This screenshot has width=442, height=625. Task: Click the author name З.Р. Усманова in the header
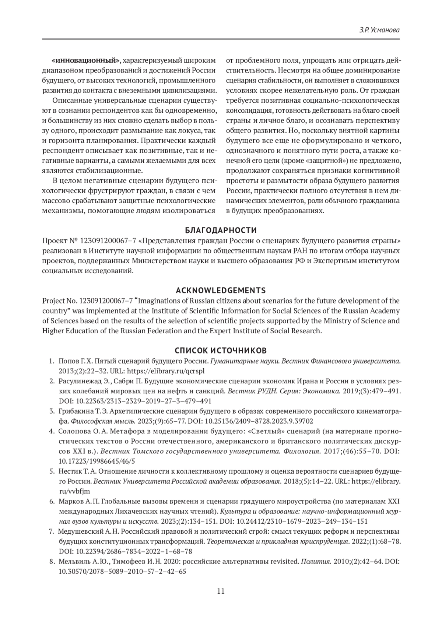coord(379,30)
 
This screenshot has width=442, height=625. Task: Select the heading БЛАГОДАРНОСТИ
coord(221,231)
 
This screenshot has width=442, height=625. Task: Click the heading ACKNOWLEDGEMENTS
coord(221,290)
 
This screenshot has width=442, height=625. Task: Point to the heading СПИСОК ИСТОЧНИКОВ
coord(221,350)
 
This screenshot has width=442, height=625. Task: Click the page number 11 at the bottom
coord(221,591)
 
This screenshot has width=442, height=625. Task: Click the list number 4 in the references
coord(52,431)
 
